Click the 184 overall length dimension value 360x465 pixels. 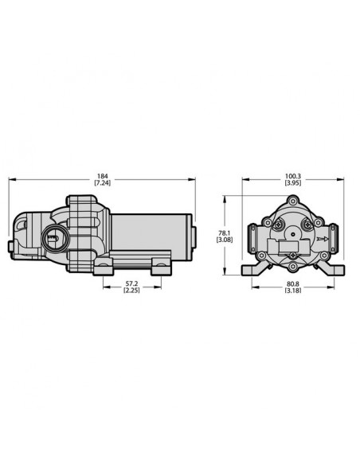102,177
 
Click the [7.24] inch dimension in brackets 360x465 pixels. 102,183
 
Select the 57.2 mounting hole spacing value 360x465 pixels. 132,284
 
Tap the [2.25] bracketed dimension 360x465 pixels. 131,291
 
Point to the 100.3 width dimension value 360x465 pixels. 293,177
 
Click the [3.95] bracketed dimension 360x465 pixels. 293,183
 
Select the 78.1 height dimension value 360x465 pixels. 225,233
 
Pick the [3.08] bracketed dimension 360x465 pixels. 225,240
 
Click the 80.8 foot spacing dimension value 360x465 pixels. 293,284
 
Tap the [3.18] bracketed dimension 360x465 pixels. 293,291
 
